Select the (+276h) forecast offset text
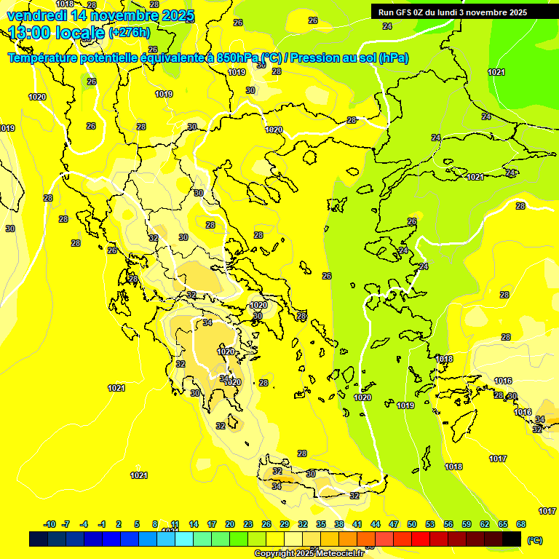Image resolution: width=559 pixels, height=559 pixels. tap(130, 33)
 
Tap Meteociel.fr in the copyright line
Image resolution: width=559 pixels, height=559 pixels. tap(335, 554)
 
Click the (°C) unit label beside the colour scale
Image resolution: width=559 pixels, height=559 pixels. tap(534, 539)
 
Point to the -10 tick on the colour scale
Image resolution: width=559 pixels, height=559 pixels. tap(49, 524)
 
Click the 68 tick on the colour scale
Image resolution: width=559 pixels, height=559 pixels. tap(521, 524)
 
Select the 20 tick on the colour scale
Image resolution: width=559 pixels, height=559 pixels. tap(230, 524)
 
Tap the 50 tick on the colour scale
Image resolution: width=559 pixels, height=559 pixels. tap(412, 524)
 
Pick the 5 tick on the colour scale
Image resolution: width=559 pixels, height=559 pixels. tap(138, 524)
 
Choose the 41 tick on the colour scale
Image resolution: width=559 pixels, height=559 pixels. tap(357, 524)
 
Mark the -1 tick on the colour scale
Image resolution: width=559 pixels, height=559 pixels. tap(102, 524)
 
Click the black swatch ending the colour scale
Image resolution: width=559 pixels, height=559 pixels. tap(512, 539)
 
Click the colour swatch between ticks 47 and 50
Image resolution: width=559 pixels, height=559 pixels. tap(403, 539)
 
